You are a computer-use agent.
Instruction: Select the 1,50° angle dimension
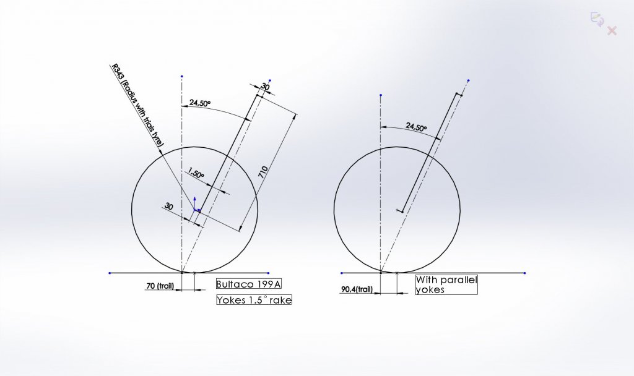pyautogui.click(x=196, y=174)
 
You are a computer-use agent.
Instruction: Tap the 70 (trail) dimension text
pyautogui.click(x=160, y=286)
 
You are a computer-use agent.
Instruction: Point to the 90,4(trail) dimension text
pyautogui.click(x=357, y=289)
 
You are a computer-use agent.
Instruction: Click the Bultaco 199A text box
pyautogui.click(x=249, y=284)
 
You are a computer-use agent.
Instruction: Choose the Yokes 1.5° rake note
pyautogui.click(x=254, y=300)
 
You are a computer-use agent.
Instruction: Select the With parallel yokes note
pyautogui.click(x=446, y=284)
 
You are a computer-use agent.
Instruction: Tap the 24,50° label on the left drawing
pyautogui.click(x=200, y=103)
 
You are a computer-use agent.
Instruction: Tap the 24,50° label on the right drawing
pyautogui.click(x=416, y=127)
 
